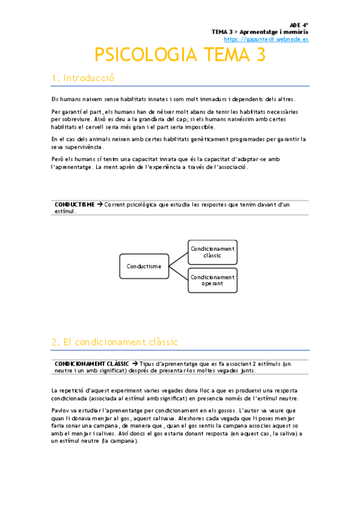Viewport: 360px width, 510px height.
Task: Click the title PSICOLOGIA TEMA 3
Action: (x=180, y=55)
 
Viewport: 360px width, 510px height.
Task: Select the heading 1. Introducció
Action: (x=83, y=78)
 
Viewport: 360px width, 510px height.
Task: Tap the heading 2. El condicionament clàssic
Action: (x=114, y=342)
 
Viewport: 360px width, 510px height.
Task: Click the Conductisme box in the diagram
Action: (x=144, y=266)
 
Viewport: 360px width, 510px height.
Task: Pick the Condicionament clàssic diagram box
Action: (x=212, y=252)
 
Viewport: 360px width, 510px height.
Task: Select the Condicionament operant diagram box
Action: (x=212, y=280)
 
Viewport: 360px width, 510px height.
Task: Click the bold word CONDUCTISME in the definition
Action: (x=74, y=204)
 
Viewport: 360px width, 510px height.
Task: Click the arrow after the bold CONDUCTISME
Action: (x=100, y=204)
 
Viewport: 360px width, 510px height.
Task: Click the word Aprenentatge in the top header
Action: (x=260, y=31)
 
